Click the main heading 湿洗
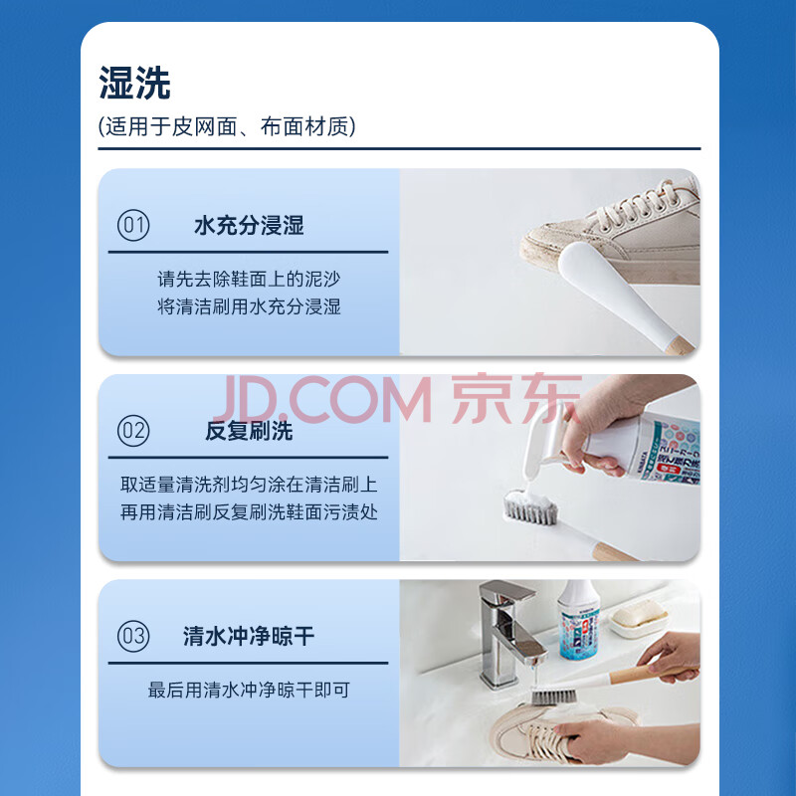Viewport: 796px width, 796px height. pos(134,83)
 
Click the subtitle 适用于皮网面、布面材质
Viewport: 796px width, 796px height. pos(227,126)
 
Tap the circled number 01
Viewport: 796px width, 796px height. pos(133,225)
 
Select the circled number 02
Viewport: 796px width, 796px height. pos(133,431)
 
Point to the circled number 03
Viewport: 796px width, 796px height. pos(133,636)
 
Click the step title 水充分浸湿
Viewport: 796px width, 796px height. pos(249,226)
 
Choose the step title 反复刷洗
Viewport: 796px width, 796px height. pos(249,431)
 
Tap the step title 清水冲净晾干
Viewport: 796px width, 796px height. pos(249,636)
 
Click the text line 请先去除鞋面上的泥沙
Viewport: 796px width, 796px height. pos(249,279)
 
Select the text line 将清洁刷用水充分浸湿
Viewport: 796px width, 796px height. pos(249,306)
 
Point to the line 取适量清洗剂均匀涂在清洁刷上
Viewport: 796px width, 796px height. pos(249,485)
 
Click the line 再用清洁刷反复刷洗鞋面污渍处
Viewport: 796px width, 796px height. pos(249,512)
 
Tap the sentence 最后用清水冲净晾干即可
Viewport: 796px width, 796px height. pos(249,690)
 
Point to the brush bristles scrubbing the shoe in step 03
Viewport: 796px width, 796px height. pos(553,696)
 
